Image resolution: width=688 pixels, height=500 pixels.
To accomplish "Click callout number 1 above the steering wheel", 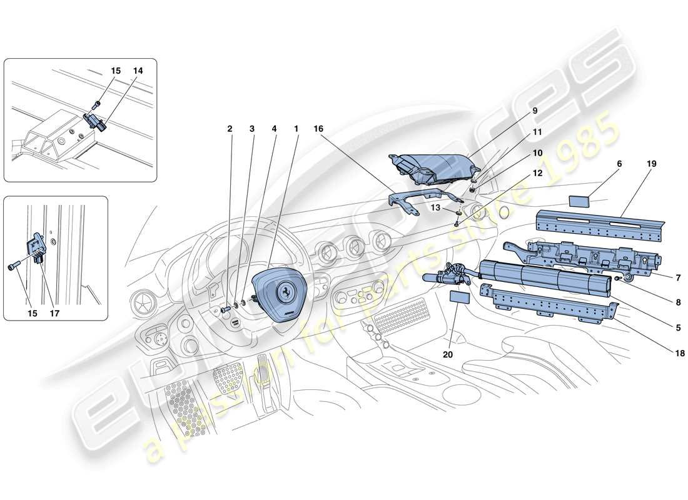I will tap(296, 129).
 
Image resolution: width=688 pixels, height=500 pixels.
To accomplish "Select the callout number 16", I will tap(318, 129).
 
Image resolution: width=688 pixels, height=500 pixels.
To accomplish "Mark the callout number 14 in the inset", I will tap(137, 71).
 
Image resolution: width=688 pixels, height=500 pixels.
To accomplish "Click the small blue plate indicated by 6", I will tap(582, 201).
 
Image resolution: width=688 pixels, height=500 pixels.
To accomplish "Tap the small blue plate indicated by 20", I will tap(460, 297).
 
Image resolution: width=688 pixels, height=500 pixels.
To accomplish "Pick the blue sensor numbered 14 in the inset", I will tap(94, 120).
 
